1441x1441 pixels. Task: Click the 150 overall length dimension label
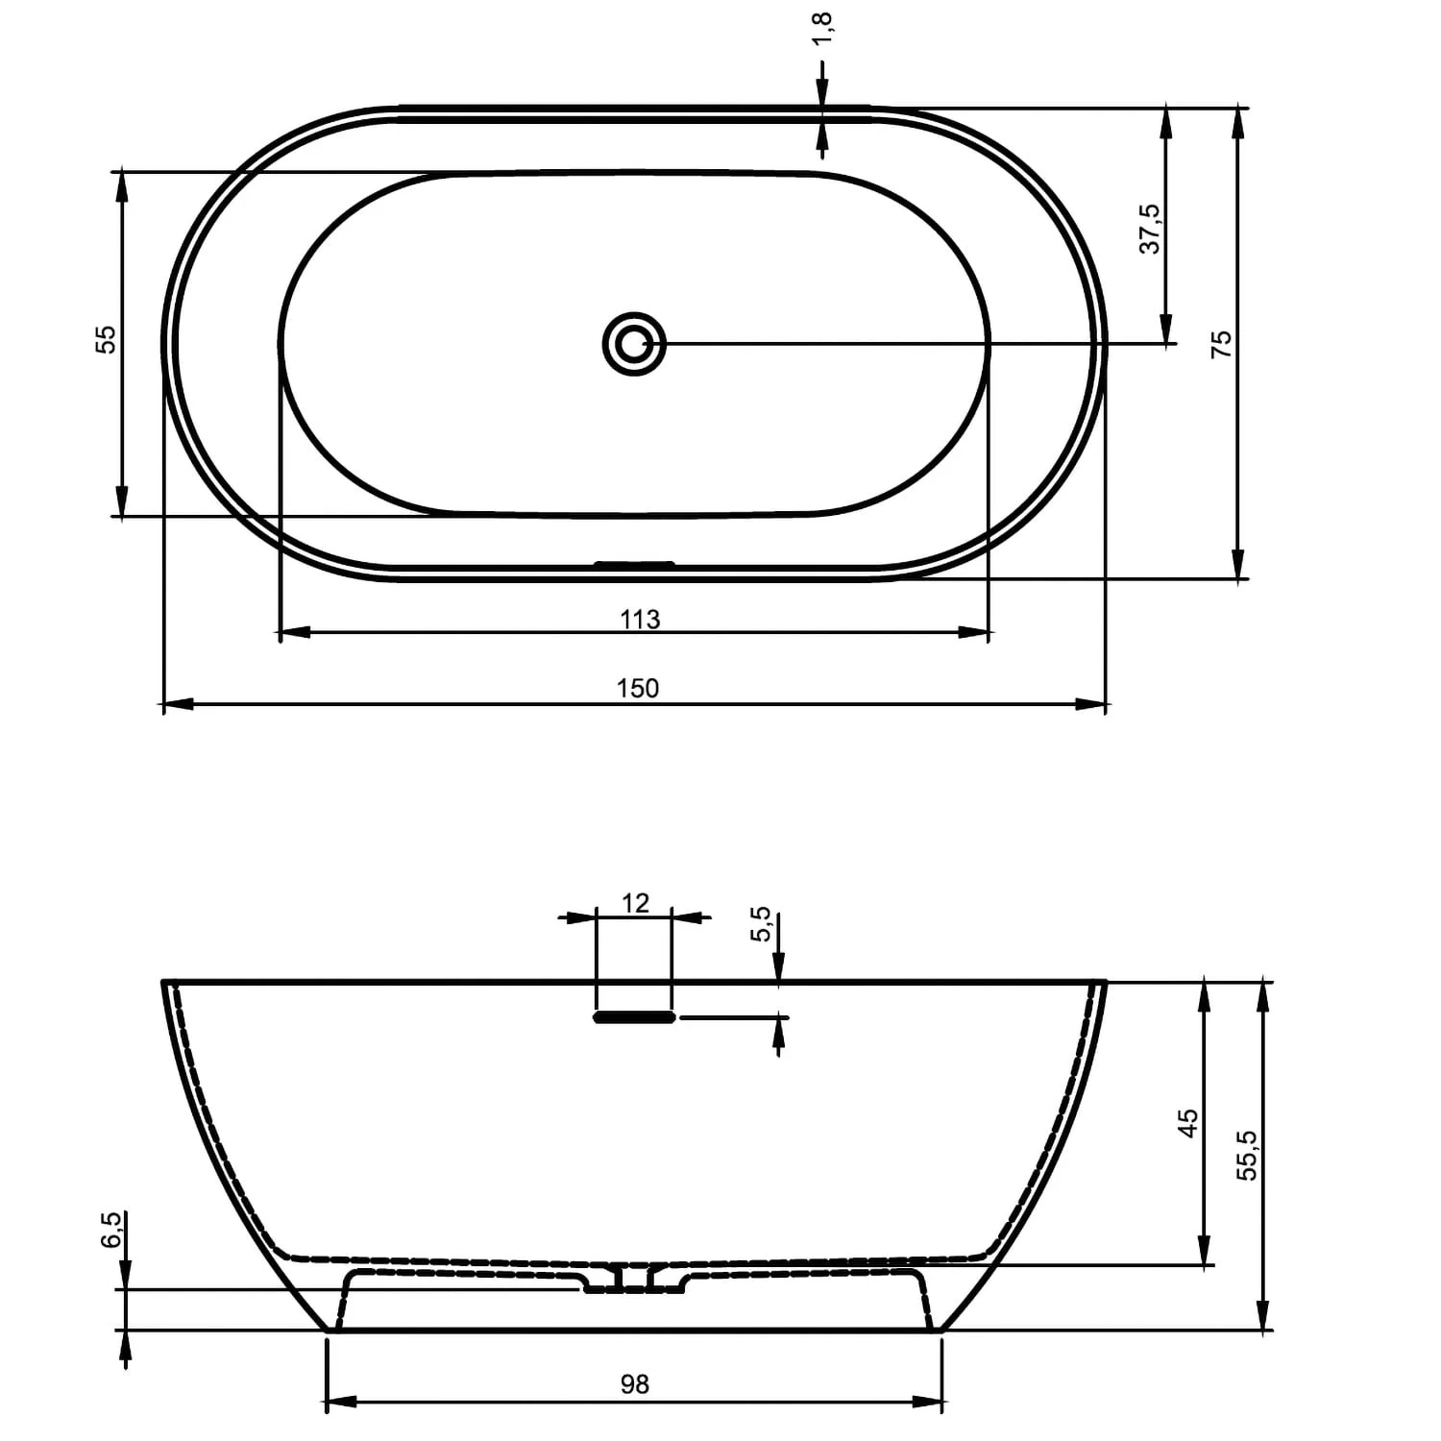point(637,688)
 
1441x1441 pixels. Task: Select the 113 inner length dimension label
point(640,620)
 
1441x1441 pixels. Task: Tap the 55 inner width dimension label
point(105,339)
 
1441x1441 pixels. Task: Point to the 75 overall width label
point(1221,343)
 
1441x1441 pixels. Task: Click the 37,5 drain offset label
point(1150,228)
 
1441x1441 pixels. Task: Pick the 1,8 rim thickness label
point(822,29)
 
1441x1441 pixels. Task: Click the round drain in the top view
point(634,343)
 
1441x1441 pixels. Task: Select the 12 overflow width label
point(635,903)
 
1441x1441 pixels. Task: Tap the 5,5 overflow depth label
point(761,924)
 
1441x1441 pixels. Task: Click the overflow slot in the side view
point(634,1016)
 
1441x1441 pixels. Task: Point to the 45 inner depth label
point(1188,1122)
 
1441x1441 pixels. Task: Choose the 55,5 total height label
point(1246,1154)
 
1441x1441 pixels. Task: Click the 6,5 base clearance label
point(110,1230)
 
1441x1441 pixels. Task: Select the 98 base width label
point(634,1383)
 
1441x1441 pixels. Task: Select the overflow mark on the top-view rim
point(634,564)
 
